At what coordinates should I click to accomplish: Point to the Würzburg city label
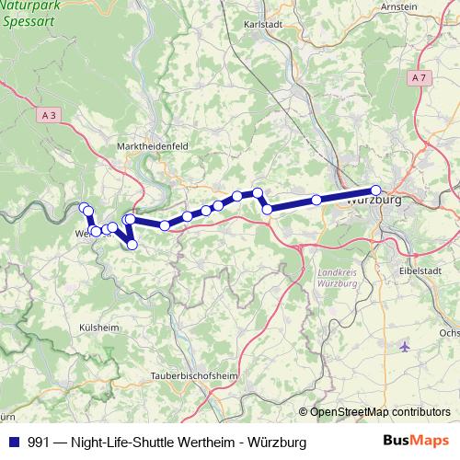(x=376, y=200)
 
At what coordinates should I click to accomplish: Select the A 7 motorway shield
(x=419, y=78)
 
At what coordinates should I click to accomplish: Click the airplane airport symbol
(x=407, y=347)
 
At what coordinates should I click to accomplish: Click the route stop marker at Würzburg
(x=375, y=190)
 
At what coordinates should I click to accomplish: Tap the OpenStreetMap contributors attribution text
(x=380, y=412)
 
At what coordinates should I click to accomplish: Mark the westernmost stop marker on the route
(x=84, y=207)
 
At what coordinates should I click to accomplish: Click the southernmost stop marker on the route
(x=132, y=245)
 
